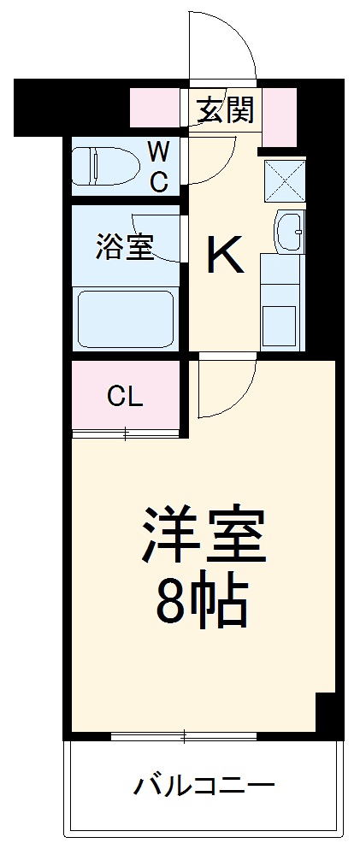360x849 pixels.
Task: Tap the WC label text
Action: [x=159, y=167]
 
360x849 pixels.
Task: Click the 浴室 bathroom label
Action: [x=123, y=248]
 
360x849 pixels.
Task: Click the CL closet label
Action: [x=125, y=396]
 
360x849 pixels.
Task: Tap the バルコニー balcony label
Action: [x=203, y=785]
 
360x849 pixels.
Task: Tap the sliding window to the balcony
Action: [x=184, y=736]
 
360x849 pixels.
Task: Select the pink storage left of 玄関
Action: [x=158, y=107]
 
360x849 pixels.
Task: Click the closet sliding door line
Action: [x=126, y=434]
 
